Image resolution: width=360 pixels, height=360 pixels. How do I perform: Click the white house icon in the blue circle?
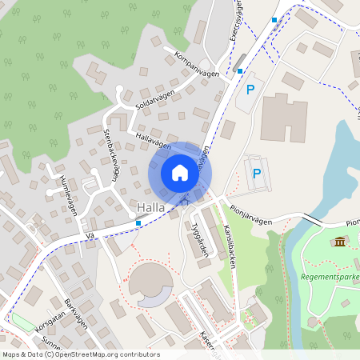pos(179,172)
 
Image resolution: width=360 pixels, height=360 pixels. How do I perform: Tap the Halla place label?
pos(150,208)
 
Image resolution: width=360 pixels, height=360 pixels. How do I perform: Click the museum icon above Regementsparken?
pos(341,242)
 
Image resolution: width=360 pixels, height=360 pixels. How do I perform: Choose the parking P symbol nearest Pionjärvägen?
pos(257,173)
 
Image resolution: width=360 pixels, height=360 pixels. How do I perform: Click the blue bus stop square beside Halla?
pos(138,223)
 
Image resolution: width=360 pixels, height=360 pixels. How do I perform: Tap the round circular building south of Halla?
pos(150,284)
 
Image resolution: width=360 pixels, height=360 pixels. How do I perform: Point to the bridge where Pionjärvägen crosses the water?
pos(312,218)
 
